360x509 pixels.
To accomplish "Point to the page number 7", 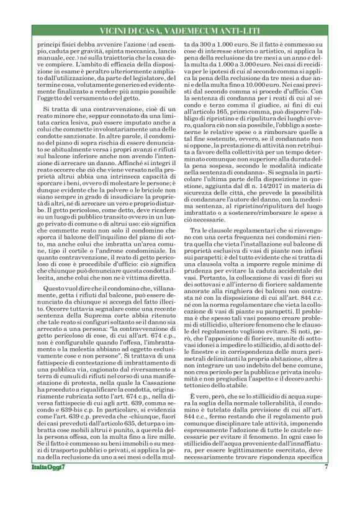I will [326, 484].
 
